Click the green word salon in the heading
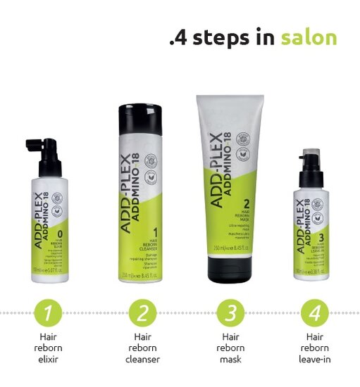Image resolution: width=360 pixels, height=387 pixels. click(308, 37)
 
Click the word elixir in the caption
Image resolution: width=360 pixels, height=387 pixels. click(48, 360)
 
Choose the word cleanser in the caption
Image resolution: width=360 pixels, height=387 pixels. click(144, 360)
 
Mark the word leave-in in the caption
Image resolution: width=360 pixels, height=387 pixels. click(314, 360)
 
